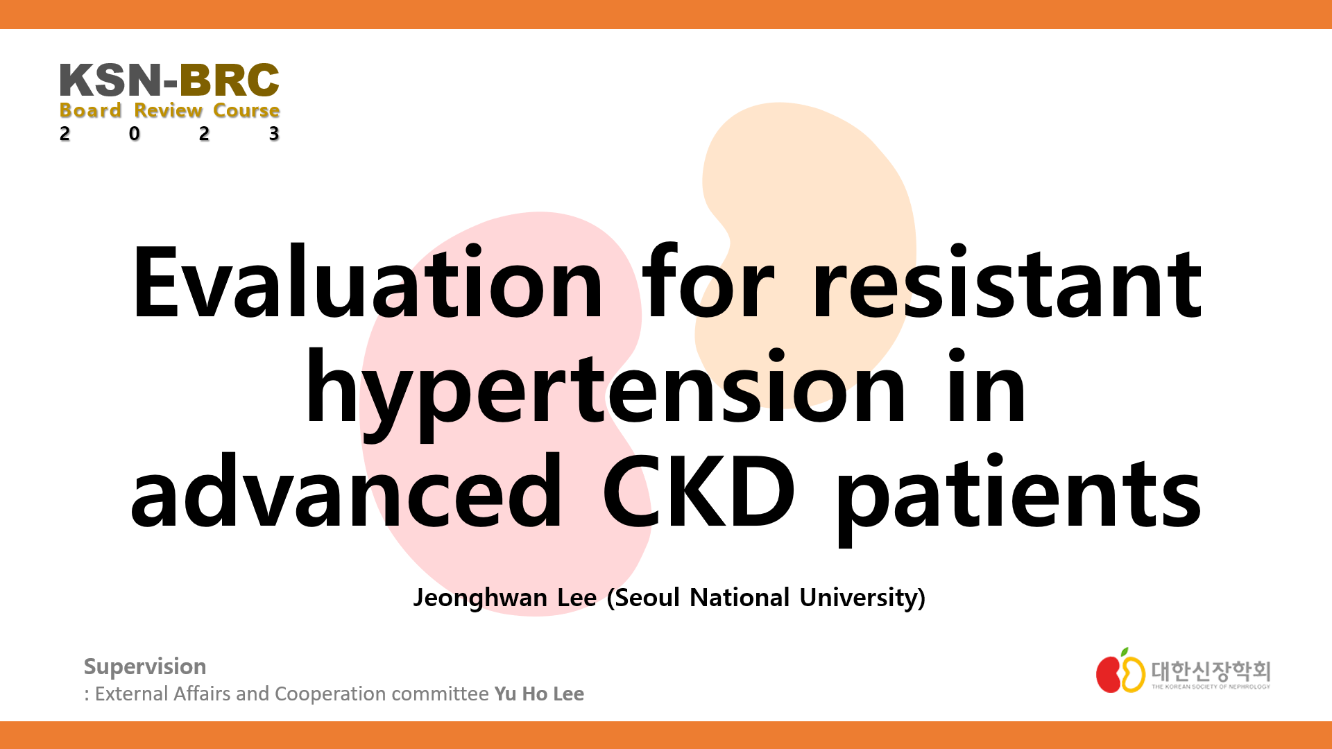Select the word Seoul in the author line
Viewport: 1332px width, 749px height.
pos(647,598)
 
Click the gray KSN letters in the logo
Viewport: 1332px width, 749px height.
pos(111,80)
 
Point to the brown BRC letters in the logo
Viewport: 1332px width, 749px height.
pos(230,80)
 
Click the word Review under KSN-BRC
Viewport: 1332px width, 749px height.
pos(169,111)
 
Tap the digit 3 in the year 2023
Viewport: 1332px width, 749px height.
pos(274,133)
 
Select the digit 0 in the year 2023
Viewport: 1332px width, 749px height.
pos(135,133)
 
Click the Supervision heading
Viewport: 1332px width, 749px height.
pos(145,666)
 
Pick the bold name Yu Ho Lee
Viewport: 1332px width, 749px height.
pos(539,694)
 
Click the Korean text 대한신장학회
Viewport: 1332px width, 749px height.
pos(1211,670)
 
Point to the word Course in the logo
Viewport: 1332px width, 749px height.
pos(246,111)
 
